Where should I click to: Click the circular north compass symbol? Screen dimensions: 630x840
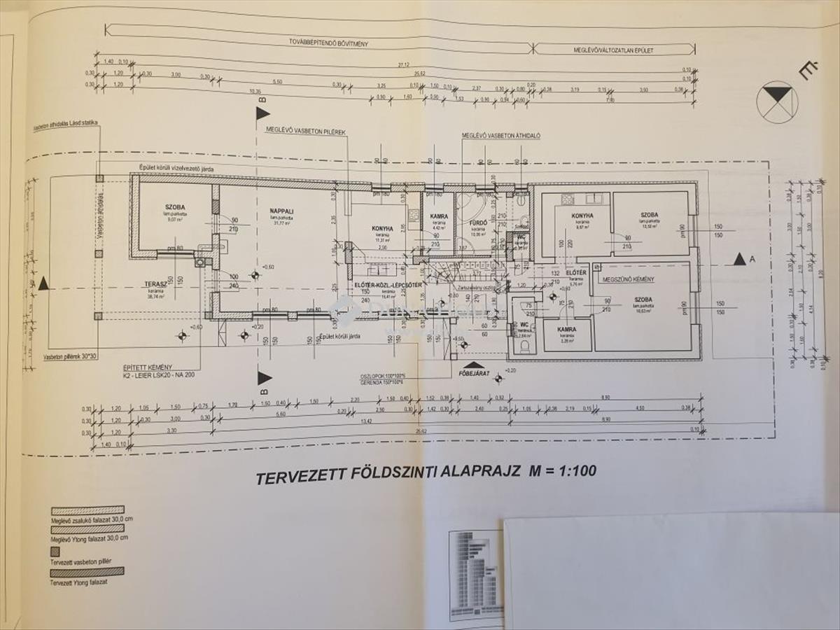click(777, 102)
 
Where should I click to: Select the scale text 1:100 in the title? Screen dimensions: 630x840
click(573, 471)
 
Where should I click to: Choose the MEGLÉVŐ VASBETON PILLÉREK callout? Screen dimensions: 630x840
click(305, 130)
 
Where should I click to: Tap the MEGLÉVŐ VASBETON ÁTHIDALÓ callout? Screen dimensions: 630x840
click(501, 136)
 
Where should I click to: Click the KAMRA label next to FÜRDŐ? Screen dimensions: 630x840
click(438, 216)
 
